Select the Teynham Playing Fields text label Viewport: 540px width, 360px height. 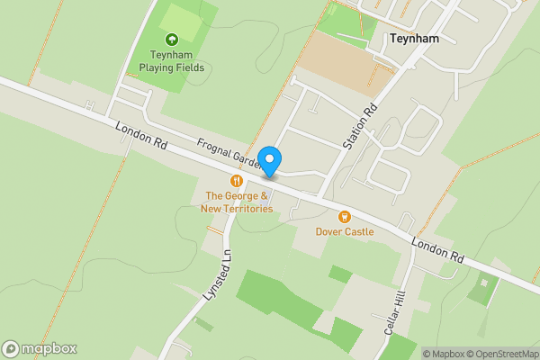[x=171, y=61]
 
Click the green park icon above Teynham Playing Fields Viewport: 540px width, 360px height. [x=171, y=39]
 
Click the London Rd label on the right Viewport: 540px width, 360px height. [x=437, y=249]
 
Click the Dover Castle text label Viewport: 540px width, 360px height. [x=344, y=231]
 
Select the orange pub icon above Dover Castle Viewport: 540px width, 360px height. [x=344, y=216]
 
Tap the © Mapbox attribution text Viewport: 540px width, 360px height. [x=443, y=354]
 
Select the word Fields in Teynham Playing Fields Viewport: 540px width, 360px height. [x=190, y=67]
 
